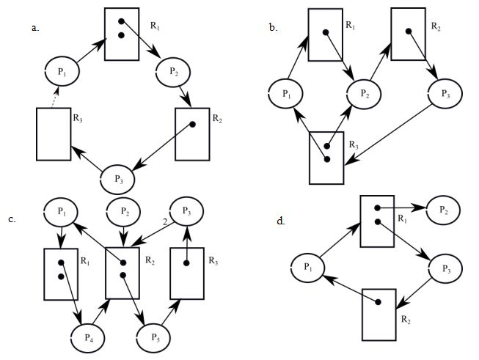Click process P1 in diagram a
62,72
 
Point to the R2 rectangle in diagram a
192,133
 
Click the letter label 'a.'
34,27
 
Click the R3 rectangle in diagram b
326,156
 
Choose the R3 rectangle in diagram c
186,272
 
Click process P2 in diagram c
124,213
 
